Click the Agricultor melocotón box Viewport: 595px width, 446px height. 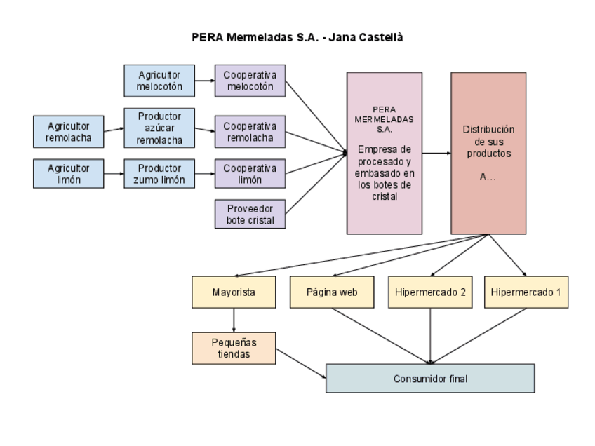pos(159,81)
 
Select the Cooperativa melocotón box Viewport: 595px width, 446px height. pos(250,81)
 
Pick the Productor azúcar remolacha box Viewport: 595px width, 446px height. pos(159,128)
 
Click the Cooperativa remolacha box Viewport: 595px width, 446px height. pos(250,132)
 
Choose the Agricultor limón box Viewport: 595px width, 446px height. pos(69,174)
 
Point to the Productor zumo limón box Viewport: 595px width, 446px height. pos(159,174)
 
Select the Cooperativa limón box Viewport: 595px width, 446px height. pos(250,174)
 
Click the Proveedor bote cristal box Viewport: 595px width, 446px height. pos(250,214)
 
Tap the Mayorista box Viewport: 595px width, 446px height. pos(233,292)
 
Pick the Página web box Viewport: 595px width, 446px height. pos(332,292)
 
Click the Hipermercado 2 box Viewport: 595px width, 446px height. pos(429,292)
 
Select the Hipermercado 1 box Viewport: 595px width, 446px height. pos(526,292)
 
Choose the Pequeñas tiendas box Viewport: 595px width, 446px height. pos(233,348)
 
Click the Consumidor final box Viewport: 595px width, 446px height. pos(430,379)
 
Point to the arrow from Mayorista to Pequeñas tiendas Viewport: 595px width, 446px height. pos(233,319)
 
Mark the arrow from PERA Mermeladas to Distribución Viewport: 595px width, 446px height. pos(436,153)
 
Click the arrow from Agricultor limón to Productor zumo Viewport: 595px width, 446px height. pos(114,174)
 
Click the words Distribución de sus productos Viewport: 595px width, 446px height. pos(488,142)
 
